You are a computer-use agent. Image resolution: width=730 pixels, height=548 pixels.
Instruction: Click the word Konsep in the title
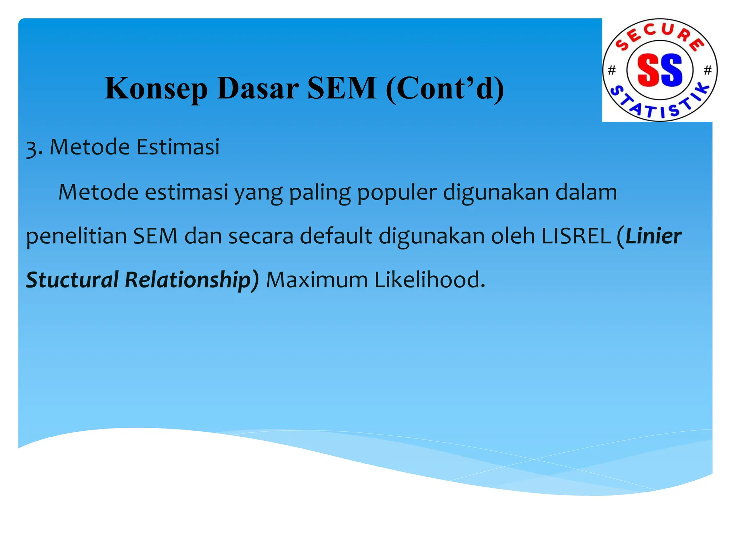pyautogui.click(x=156, y=88)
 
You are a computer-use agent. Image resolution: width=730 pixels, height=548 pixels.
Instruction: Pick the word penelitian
pyautogui.click(x=76, y=236)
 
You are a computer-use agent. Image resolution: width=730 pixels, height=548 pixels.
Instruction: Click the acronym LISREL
pyautogui.click(x=576, y=236)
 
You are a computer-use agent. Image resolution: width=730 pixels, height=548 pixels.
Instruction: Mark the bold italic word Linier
pyautogui.click(x=653, y=236)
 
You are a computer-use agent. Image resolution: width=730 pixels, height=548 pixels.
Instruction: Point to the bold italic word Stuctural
pyautogui.click(x=72, y=280)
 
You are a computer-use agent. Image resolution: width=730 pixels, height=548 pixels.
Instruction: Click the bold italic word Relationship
pyautogui.click(x=188, y=280)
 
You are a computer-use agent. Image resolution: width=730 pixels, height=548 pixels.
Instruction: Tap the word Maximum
pyautogui.click(x=317, y=280)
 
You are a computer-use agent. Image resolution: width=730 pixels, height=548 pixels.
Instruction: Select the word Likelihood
pyautogui.click(x=430, y=280)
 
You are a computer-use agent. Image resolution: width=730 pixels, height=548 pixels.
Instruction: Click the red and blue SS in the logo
pyautogui.click(x=659, y=70)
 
